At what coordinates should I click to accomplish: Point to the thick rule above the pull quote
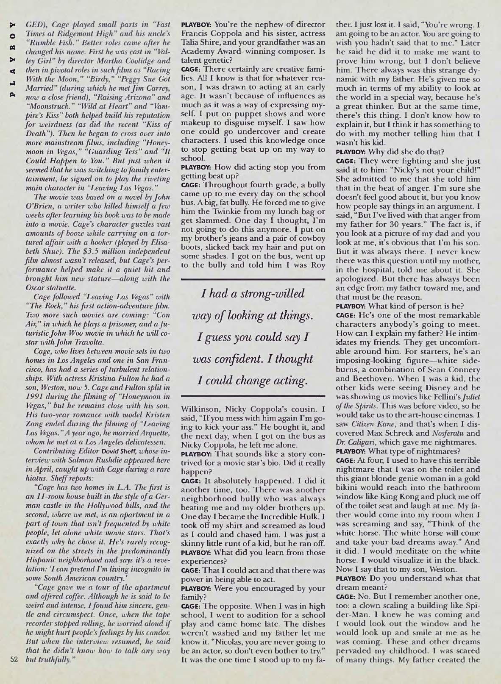(253, 279)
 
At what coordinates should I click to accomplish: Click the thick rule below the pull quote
(253, 396)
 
